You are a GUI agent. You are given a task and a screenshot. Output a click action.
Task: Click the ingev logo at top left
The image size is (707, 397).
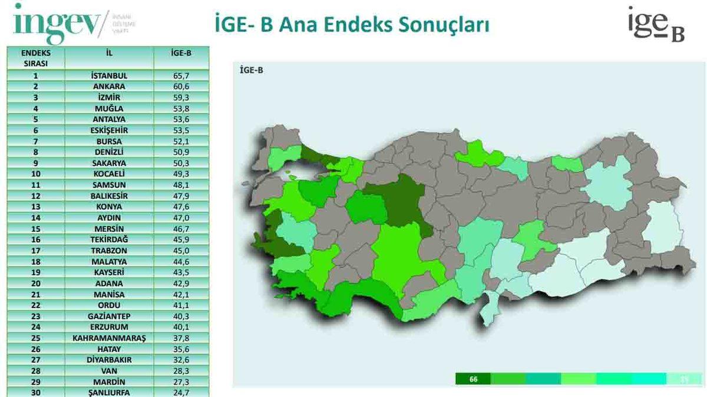pos(59,24)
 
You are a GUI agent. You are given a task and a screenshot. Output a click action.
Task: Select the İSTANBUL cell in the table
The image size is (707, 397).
pos(110,75)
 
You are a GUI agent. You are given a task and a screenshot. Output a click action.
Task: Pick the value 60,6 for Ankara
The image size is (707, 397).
pos(181,86)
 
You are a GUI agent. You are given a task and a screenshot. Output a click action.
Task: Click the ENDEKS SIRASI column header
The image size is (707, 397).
pos(36,57)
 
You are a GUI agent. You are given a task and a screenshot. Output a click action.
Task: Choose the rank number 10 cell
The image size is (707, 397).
pos(36,174)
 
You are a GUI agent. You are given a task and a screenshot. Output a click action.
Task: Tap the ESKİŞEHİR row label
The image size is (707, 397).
pos(110,130)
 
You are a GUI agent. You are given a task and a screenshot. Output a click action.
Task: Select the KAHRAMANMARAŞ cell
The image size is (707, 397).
pos(110,338)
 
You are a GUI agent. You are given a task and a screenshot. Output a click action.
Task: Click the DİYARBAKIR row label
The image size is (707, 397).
pos(110,360)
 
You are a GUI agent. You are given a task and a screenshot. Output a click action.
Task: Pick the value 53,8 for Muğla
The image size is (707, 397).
pos(181,108)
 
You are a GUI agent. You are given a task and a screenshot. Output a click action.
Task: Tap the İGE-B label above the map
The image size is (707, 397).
pos(252,71)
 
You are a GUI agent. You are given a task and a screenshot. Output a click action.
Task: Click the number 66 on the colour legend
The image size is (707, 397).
pos(473,379)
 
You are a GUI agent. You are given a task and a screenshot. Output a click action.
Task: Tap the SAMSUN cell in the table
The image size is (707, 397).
pos(110,185)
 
